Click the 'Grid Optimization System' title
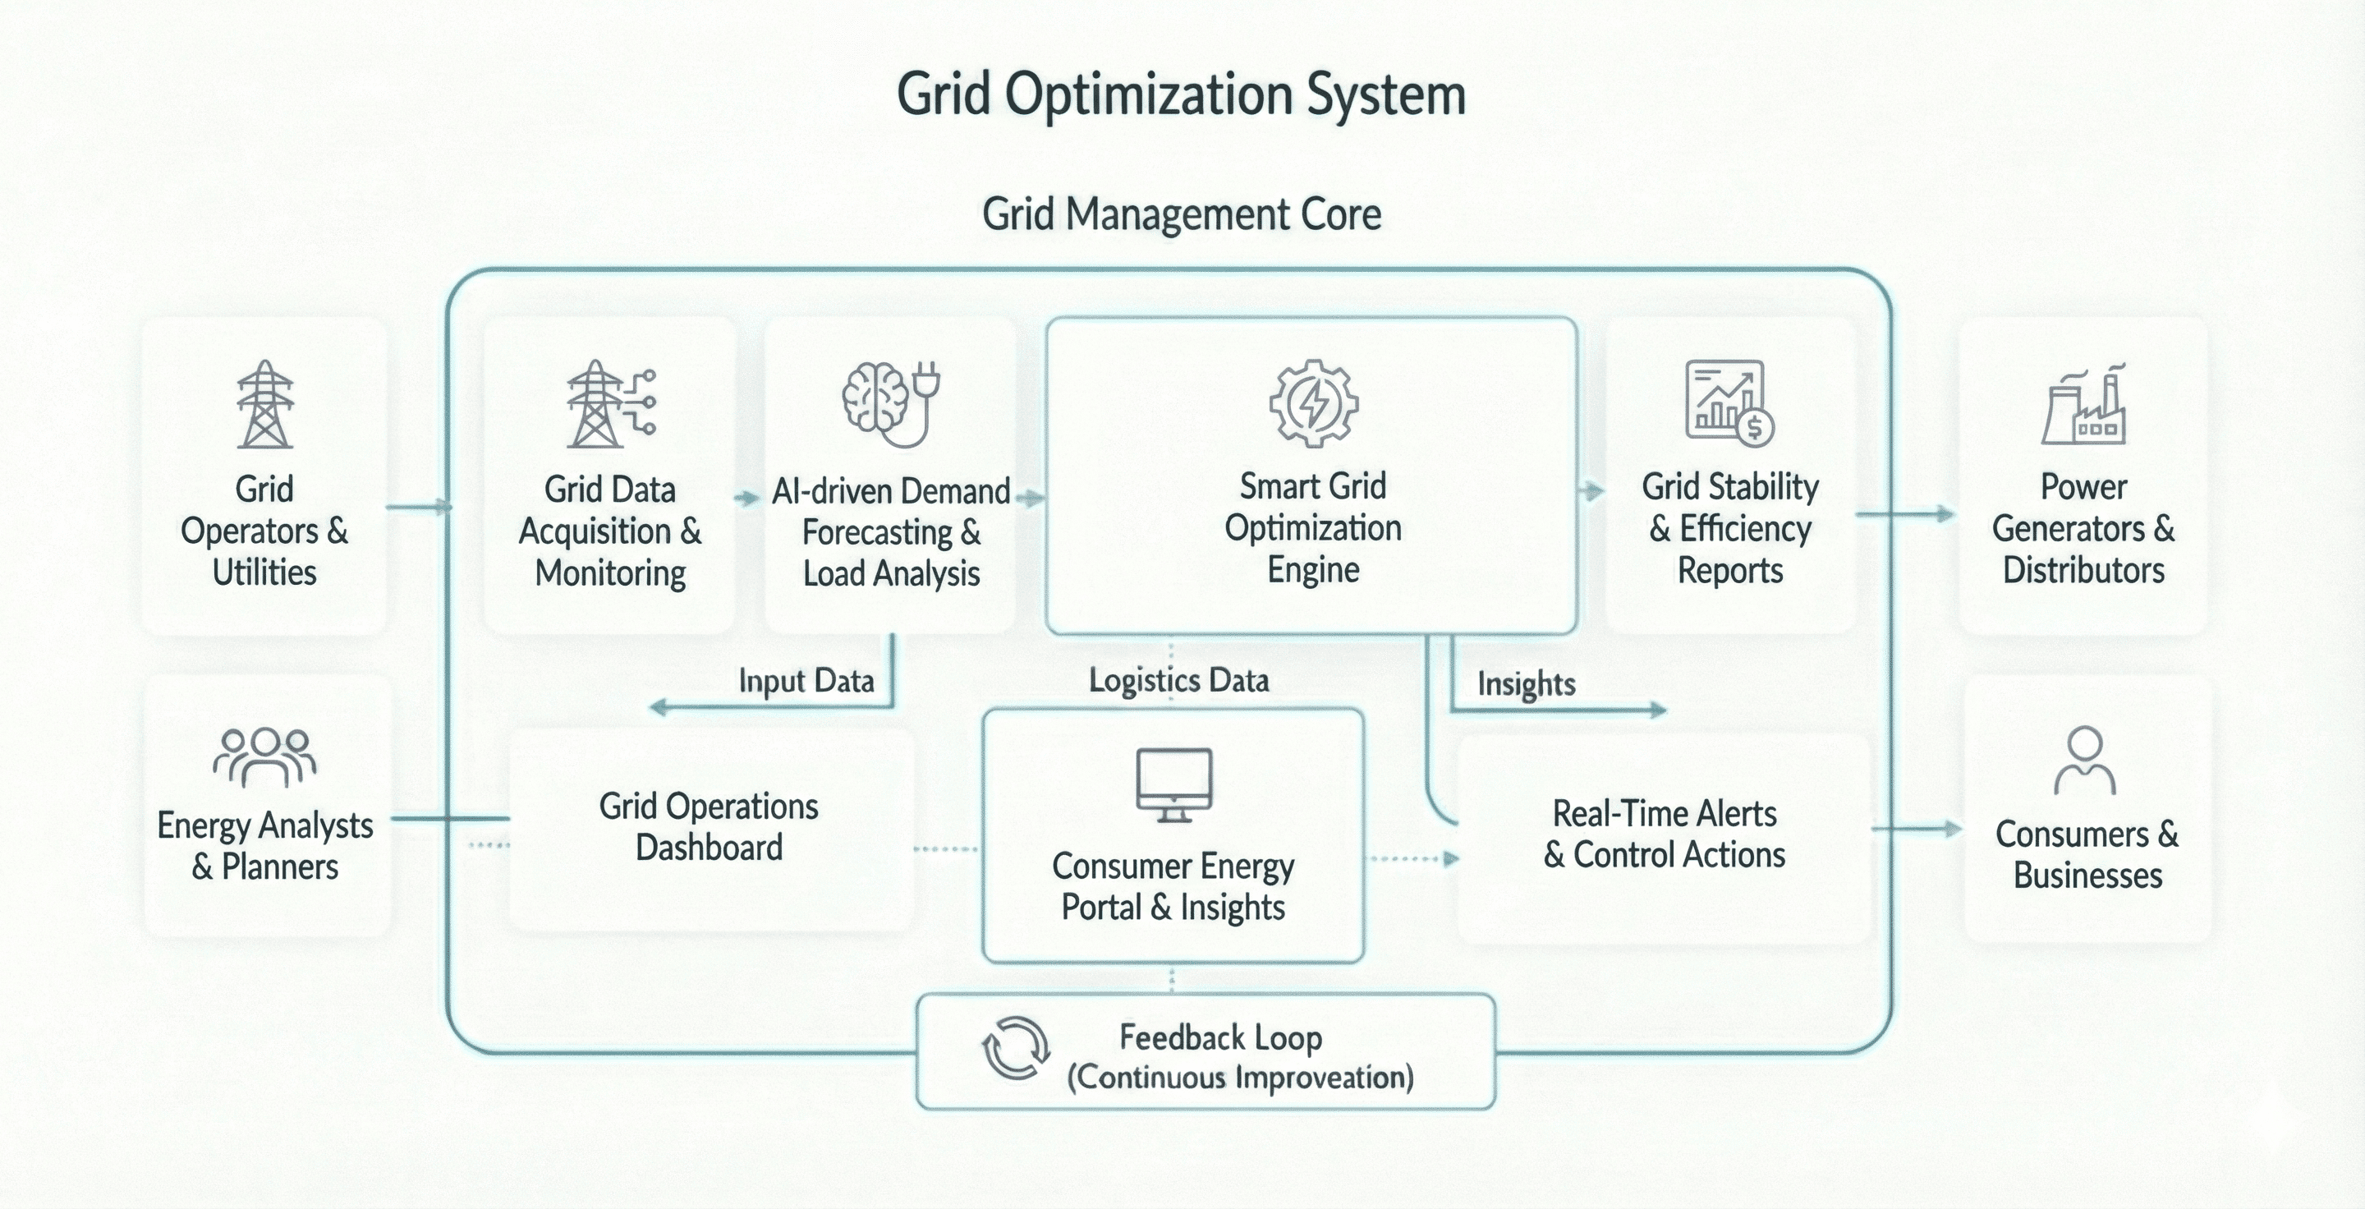pos(1181,95)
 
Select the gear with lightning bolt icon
pos(1314,404)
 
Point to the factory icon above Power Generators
pos(2084,405)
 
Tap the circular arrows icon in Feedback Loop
pos(1016,1048)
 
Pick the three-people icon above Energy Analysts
pos(264,756)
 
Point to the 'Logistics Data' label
pos(1179,680)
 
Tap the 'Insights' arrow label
pos(1526,684)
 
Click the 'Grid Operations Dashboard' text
pos(709,826)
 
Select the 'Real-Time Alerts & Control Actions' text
pos(1665,834)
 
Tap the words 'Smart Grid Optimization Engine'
pos(1313,528)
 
